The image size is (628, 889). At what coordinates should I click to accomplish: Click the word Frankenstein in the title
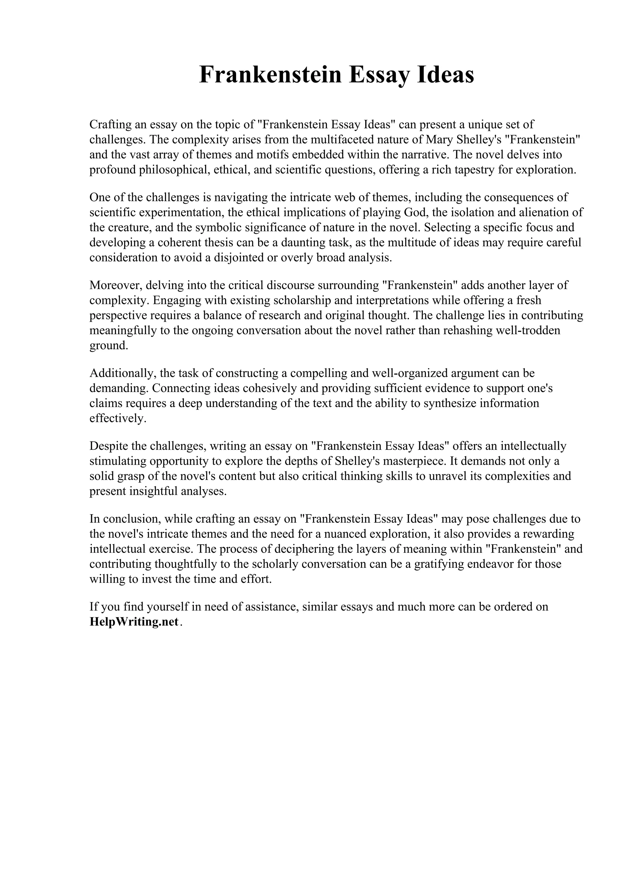[x=270, y=75]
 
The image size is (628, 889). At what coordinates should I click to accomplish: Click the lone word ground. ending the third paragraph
[x=108, y=346]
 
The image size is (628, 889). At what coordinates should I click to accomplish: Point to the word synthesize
[x=449, y=403]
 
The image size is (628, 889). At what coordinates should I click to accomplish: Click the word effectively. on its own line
[x=118, y=418]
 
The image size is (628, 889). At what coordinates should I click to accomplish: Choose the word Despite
[x=108, y=446]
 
